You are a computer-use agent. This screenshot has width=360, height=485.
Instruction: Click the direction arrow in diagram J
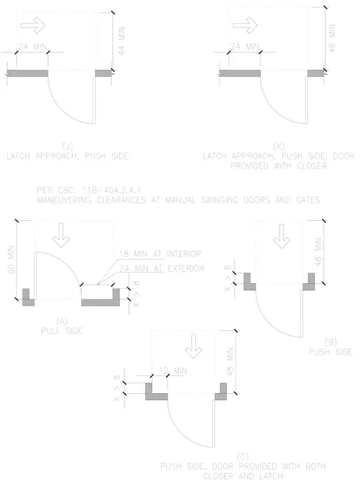(33, 25)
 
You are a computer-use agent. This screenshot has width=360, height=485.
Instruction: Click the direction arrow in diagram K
(245, 25)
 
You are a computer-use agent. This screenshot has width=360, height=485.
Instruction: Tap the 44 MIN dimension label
(121, 40)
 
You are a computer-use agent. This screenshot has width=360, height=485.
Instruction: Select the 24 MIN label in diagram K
(244, 47)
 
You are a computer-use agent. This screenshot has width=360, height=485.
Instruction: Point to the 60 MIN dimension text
(11, 260)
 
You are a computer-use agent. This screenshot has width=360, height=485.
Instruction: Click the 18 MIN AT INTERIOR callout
(160, 254)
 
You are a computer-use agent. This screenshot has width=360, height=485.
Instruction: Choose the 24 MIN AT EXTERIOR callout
(161, 268)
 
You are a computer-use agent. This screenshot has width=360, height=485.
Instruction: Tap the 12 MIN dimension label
(173, 370)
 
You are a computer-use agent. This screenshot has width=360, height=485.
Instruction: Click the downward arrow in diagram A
(61, 235)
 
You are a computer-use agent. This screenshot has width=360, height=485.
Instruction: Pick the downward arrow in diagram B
(281, 236)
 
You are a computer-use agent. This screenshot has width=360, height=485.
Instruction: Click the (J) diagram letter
(68, 146)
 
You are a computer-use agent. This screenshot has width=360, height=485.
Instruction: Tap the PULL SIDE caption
(61, 331)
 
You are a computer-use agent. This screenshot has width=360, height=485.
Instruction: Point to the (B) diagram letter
(331, 342)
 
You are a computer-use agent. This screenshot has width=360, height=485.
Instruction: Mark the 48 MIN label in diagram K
(332, 38)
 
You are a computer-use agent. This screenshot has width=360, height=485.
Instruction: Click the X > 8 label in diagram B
(228, 278)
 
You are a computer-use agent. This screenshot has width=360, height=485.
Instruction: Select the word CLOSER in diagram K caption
(311, 166)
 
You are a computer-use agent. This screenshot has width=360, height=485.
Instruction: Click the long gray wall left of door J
(27, 73)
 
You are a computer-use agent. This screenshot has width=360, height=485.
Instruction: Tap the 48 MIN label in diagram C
(230, 362)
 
